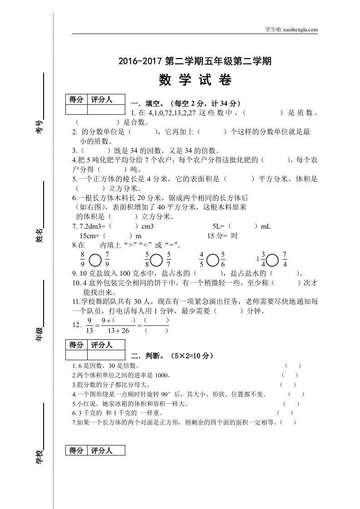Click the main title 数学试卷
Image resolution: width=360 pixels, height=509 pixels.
[x=195, y=80]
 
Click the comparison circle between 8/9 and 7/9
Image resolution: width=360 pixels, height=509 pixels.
[x=95, y=259]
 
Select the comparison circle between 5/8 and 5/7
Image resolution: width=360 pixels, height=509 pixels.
[x=157, y=259]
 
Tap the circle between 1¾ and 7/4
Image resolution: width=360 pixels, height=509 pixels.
[x=272, y=259]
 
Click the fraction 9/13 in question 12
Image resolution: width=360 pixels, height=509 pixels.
[x=90, y=325]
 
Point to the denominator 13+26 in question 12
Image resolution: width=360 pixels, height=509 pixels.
[x=118, y=331]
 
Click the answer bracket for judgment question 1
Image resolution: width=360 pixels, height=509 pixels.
[x=293, y=365]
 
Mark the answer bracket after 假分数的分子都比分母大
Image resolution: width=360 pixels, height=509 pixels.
[x=288, y=384]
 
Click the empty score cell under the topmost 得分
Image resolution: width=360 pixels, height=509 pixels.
[x=76, y=109]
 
